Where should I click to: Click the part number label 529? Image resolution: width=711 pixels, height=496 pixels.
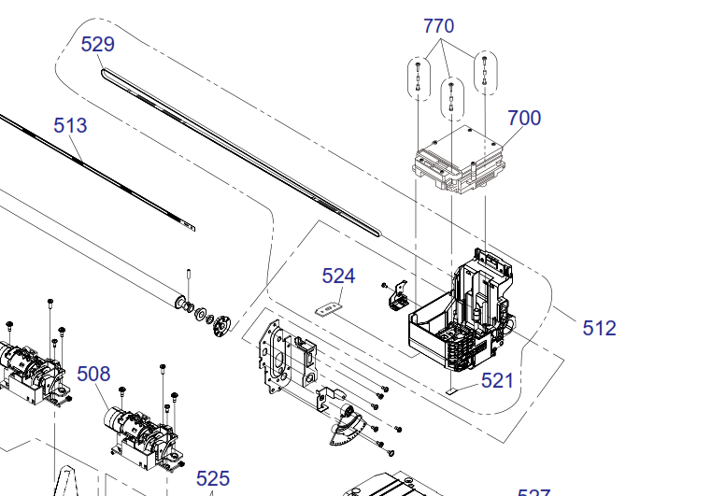(x=97, y=44)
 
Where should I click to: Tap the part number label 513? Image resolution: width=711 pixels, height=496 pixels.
(x=70, y=125)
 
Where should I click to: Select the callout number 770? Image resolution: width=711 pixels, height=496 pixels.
(x=439, y=25)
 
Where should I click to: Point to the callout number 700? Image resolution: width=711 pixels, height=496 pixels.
(x=524, y=118)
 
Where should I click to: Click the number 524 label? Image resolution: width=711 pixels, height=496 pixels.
(x=338, y=276)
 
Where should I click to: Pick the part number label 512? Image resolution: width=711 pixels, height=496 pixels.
(x=599, y=328)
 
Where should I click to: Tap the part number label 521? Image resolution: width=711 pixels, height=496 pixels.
(x=498, y=380)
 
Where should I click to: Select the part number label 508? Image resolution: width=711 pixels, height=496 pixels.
(x=93, y=374)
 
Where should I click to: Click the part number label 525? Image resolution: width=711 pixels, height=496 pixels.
(x=213, y=478)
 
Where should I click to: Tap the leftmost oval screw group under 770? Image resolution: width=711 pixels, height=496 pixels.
(x=417, y=78)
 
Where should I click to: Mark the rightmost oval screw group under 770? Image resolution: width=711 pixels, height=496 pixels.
(x=484, y=73)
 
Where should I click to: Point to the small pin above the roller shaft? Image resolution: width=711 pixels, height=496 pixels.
(x=189, y=278)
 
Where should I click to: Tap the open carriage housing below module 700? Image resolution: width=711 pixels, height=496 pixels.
(x=462, y=318)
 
